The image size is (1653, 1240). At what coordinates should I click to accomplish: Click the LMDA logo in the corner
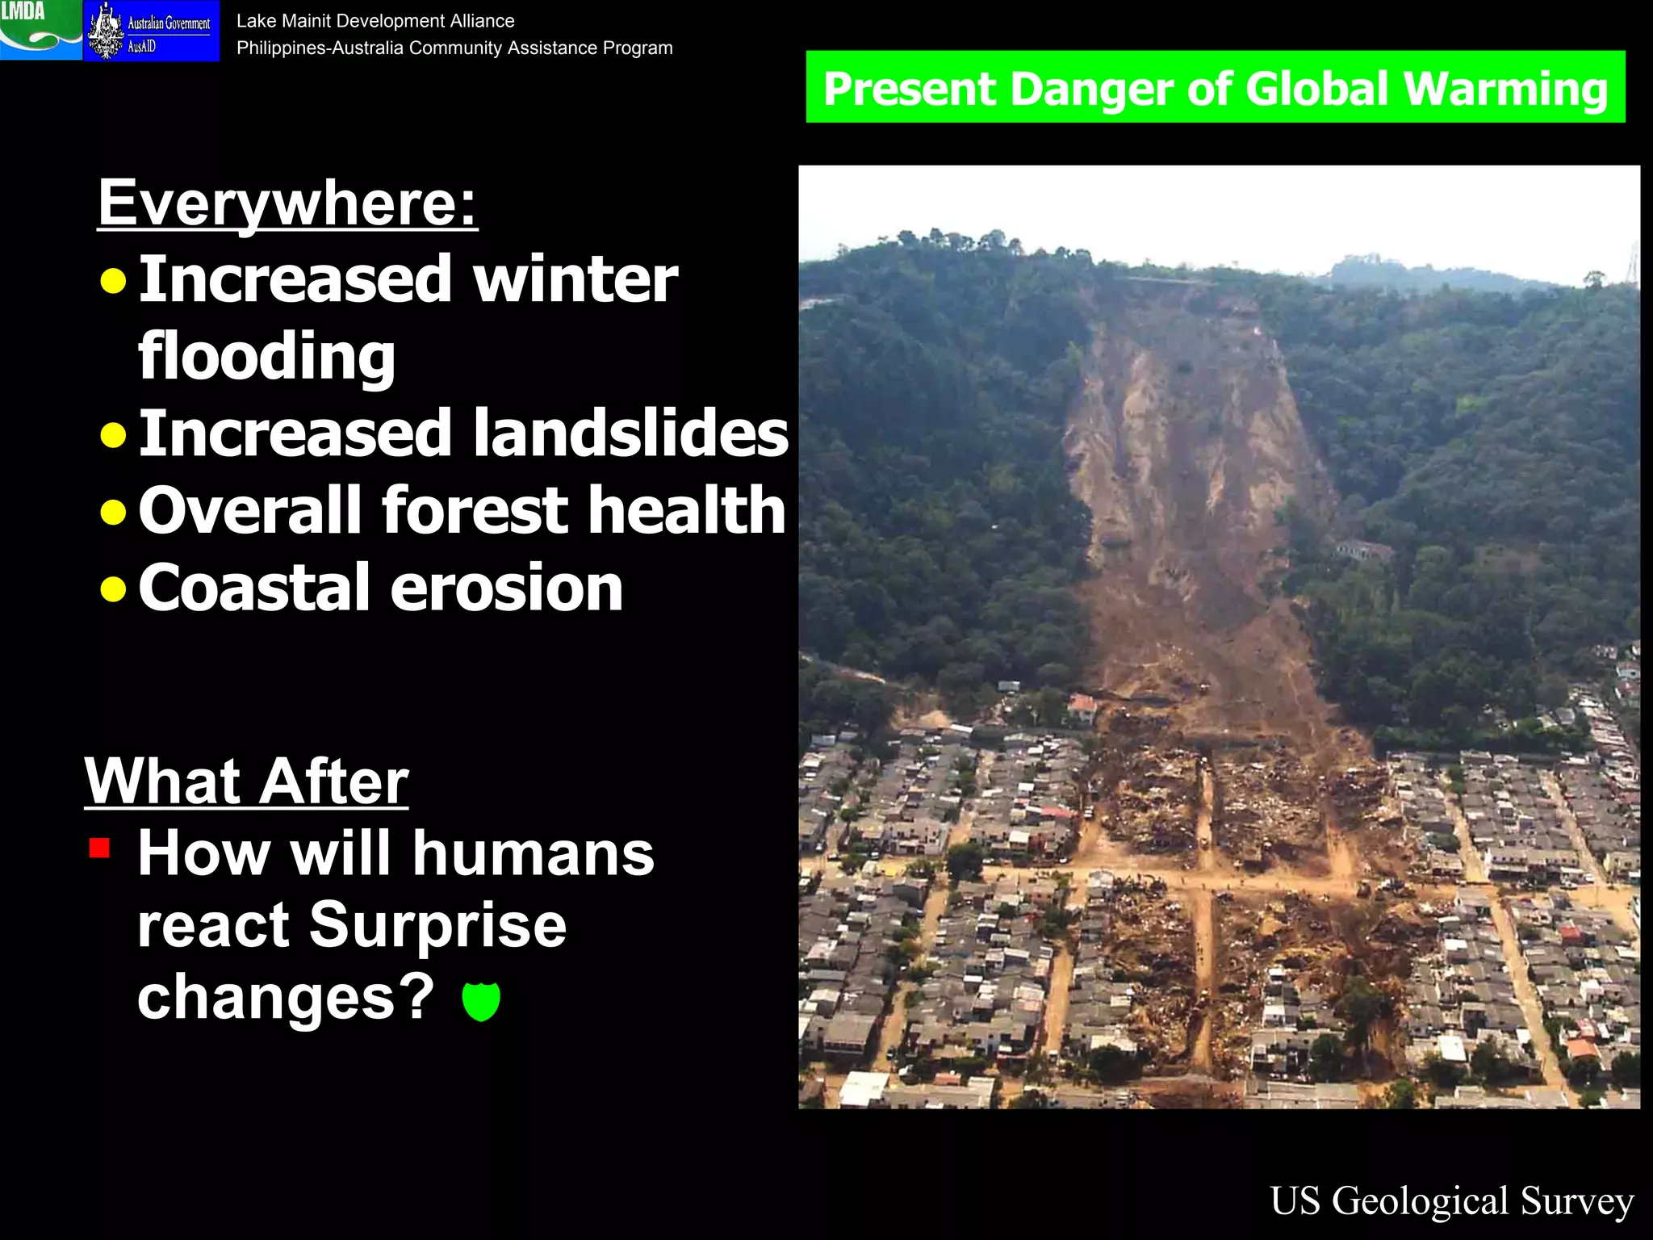click(x=40, y=30)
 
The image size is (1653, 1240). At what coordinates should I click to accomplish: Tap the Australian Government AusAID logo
click(x=151, y=31)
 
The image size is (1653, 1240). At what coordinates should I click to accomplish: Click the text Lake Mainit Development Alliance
click(x=375, y=21)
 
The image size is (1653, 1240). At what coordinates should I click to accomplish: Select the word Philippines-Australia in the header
click(x=320, y=48)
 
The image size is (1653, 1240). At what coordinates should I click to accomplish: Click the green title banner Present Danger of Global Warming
click(x=1215, y=87)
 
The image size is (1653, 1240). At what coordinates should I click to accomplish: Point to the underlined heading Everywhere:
click(x=287, y=203)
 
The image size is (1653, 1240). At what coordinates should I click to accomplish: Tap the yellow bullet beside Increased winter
click(x=114, y=281)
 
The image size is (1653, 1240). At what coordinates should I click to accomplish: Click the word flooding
click(x=266, y=355)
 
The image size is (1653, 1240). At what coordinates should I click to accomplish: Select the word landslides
click(x=630, y=433)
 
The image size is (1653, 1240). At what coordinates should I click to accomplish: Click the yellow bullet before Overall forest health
click(x=114, y=512)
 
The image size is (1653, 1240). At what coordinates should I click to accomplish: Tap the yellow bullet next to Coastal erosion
click(x=114, y=589)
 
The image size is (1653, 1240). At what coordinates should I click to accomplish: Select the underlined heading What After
click(x=247, y=781)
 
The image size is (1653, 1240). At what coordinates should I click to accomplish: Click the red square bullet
click(x=100, y=848)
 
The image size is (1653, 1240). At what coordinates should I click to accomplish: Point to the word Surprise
click(x=437, y=925)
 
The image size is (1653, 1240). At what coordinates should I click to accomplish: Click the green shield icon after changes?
click(x=481, y=1001)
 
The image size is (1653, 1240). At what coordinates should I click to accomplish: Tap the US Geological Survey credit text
click(x=1451, y=1200)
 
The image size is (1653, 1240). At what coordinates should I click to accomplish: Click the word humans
click(x=534, y=854)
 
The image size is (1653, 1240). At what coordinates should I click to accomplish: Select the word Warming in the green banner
click(x=1505, y=89)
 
